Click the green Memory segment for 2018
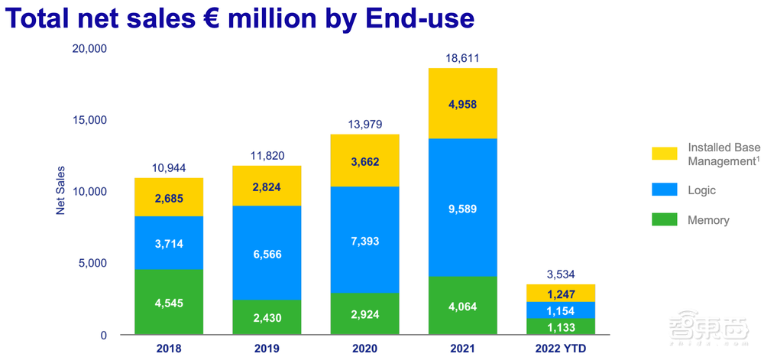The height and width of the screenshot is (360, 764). (x=169, y=302)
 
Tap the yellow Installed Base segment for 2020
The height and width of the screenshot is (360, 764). (x=365, y=161)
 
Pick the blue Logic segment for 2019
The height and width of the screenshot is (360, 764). (x=267, y=252)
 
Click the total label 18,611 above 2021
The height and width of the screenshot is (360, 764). (x=464, y=58)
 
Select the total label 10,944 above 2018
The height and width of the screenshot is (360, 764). (x=169, y=168)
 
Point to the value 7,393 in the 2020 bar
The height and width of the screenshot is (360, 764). (x=365, y=242)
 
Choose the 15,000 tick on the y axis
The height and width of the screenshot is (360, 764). (x=89, y=121)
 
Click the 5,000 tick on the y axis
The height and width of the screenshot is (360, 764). (x=93, y=264)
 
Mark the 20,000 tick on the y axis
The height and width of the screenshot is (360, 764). (x=89, y=49)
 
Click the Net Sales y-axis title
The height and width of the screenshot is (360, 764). (x=60, y=190)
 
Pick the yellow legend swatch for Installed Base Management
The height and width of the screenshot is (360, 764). (x=664, y=154)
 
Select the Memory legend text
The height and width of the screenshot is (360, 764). (x=708, y=220)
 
